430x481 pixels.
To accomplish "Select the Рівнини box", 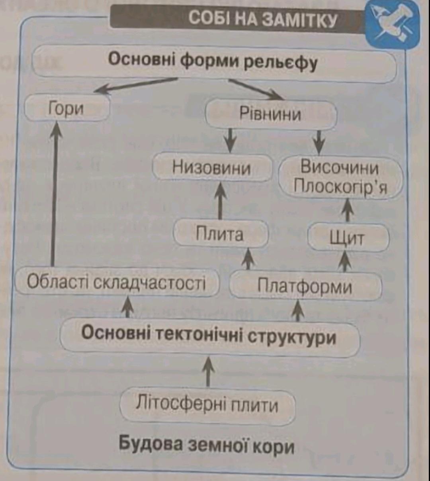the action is tap(271, 115).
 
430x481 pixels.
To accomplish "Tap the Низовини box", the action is tap(212, 168).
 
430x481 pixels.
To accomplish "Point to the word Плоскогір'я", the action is tap(340, 186).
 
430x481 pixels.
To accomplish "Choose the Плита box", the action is tap(221, 234).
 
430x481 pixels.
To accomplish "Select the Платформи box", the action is tap(305, 287).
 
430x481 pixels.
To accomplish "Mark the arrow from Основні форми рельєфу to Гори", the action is tap(136, 86).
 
